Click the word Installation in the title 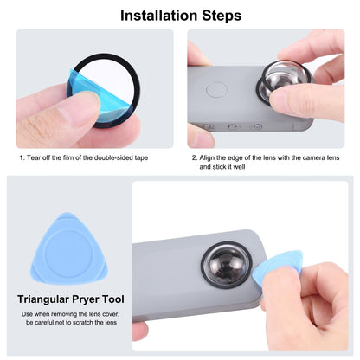point(155,15)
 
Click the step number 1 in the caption point(21,158)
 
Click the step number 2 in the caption point(194,158)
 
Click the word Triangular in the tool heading point(50,299)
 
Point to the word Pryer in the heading point(109,299)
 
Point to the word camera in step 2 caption point(300,158)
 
